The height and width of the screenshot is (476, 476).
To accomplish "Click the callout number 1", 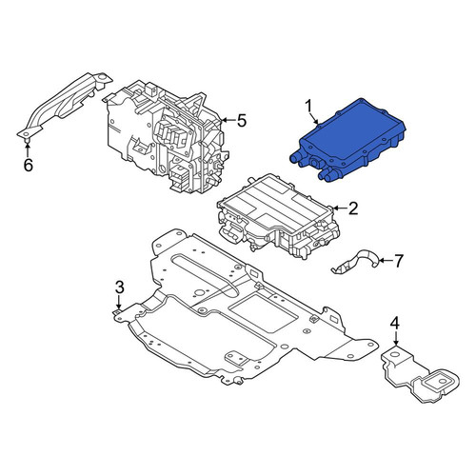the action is (x=309, y=107).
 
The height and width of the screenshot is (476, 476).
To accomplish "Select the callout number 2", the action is (x=353, y=208).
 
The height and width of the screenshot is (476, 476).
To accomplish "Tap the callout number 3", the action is (x=119, y=288).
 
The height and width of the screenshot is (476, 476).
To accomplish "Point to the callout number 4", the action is (x=395, y=324).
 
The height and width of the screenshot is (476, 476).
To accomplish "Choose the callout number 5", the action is (x=242, y=121).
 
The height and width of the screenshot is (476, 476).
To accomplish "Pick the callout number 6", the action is (x=29, y=165).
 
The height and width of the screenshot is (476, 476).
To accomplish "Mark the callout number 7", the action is (x=398, y=261).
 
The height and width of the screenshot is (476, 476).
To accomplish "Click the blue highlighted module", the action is (x=347, y=141).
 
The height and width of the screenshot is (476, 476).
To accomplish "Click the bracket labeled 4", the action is (x=419, y=374).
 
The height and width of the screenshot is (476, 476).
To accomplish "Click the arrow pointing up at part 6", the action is (x=28, y=149).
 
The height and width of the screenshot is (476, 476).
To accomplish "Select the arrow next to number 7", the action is (x=386, y=261).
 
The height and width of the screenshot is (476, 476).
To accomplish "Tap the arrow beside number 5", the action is (x=228, y=120).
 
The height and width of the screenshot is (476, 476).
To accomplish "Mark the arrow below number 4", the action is (x=395, y=339).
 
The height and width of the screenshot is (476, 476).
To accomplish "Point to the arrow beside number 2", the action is (x=339, y=208).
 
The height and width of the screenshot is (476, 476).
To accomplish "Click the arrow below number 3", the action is (x=119, y=302).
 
